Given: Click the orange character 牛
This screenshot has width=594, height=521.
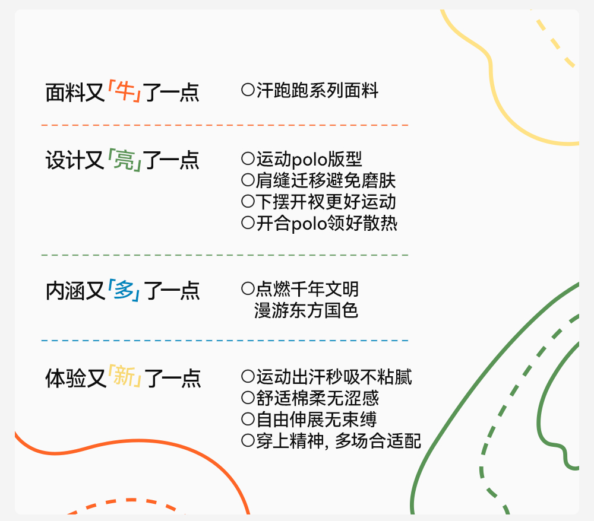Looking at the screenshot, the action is pos(124,93).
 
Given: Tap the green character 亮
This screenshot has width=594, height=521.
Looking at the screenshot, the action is pos(124,161).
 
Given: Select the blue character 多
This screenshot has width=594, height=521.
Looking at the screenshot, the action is pos(124,291).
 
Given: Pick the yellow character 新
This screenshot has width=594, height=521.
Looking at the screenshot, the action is pos(125,378).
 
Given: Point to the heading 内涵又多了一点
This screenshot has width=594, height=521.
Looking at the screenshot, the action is pos(122,291).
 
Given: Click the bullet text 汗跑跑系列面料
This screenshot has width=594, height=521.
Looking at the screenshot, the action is pos(317,91).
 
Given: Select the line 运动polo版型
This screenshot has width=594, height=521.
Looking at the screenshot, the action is pos(309,159).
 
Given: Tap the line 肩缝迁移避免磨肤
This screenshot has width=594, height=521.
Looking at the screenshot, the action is pos(326,180).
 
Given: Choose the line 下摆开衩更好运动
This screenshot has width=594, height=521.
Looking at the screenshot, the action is pos(326,202).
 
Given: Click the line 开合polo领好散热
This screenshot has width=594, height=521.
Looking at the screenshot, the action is pos(326,224).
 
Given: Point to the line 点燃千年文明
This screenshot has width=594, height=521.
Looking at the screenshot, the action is pos(307,289).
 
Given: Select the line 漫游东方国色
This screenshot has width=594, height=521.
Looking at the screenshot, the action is pos(307,310).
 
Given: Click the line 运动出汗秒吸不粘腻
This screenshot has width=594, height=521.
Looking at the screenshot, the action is pos(334,377).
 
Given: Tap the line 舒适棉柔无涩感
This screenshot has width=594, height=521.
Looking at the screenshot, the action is pos(317,398).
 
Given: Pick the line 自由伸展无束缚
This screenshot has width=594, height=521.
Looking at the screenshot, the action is pos(317,420).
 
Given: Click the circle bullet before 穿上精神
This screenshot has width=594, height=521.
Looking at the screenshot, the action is pos(248,441).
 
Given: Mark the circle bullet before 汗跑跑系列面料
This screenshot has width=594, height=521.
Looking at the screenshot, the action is pos(248,90).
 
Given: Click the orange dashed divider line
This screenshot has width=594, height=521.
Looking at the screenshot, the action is pos(225,125).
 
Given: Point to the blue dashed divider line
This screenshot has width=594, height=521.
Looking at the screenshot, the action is pos(225,341).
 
